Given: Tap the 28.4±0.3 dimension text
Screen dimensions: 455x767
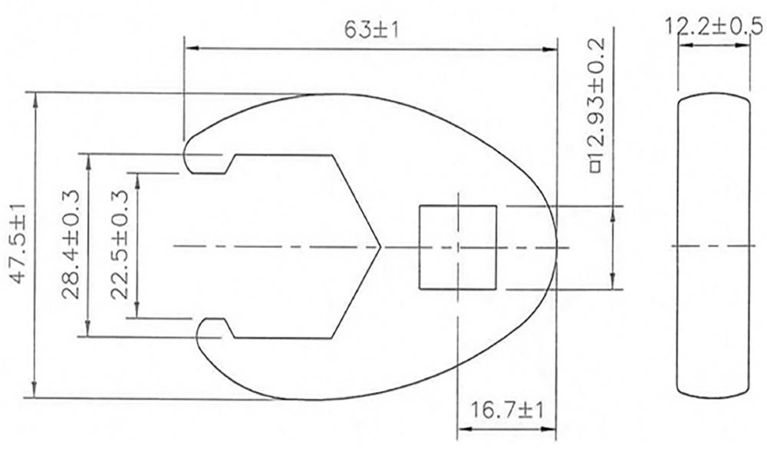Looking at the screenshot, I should pos(73,245).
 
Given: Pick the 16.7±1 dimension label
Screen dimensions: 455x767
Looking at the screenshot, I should pos(507,412).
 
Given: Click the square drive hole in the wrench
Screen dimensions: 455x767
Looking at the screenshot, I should pos(457,247).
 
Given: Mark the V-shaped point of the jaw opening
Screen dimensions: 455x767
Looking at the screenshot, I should pos(378,246).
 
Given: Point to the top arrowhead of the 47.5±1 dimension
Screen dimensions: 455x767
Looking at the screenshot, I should pos(32,97).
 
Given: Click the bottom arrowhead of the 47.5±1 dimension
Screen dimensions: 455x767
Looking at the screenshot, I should pos(32,393).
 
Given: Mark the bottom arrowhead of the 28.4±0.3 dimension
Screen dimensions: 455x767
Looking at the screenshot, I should pos(89,331).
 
